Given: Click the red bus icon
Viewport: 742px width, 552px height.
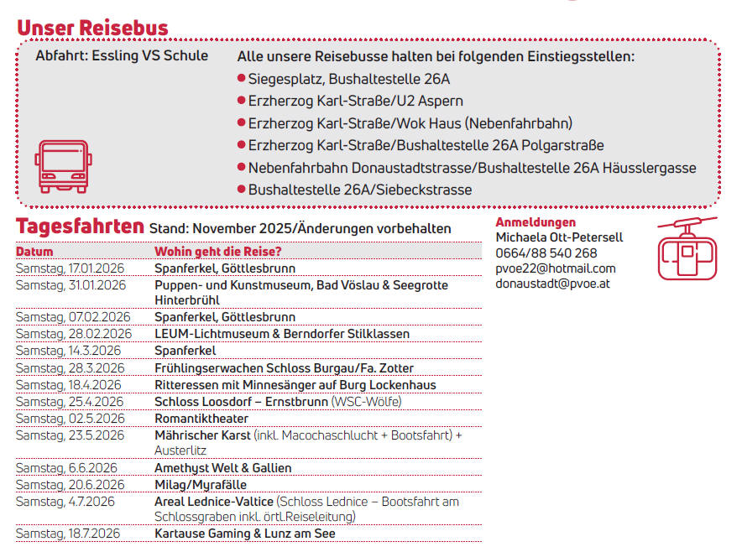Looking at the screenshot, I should click(x=62, y=167).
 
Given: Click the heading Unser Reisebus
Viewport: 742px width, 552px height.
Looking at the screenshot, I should click(x=92, y=28).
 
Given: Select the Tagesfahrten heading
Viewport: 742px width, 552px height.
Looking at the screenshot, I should click(x=80, y=226).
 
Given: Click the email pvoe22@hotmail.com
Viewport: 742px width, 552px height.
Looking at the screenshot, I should click(x=555, y=268).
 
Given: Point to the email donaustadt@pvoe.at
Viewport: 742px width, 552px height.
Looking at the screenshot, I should click(x=552, y=284).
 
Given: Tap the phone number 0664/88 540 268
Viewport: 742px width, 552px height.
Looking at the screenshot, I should click(x=546, y=253).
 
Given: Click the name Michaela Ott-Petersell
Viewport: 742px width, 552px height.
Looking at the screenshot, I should click(x=559, y=237).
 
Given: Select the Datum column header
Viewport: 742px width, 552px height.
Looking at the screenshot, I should click(x=34, y=252).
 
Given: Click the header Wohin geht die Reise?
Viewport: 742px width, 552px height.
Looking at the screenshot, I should click(x=217, y=252).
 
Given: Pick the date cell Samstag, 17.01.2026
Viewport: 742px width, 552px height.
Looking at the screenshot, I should click(x=71, y=268).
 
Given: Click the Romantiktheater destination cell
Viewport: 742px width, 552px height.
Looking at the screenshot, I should click(x=201, y=419).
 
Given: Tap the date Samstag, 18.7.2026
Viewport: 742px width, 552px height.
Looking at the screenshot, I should click(x=68, y=534).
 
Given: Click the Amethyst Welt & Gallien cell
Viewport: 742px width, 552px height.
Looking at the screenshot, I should click(x=223, y=468).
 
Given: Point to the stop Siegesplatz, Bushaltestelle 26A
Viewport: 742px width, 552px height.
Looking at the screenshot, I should click(x=348, y=80).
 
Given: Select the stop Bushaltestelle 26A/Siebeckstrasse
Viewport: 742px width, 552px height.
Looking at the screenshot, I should click(x=359, y=190).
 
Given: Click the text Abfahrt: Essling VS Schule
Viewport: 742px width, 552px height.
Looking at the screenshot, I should click(x=122, y=56).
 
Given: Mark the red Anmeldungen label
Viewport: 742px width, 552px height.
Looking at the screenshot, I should click(x=536, y=222).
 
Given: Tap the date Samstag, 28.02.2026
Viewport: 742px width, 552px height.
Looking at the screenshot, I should click(x=73, y=334).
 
